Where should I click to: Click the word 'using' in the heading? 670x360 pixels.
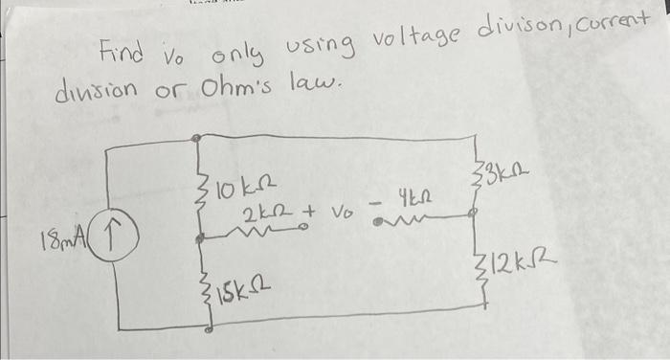point(315,45)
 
